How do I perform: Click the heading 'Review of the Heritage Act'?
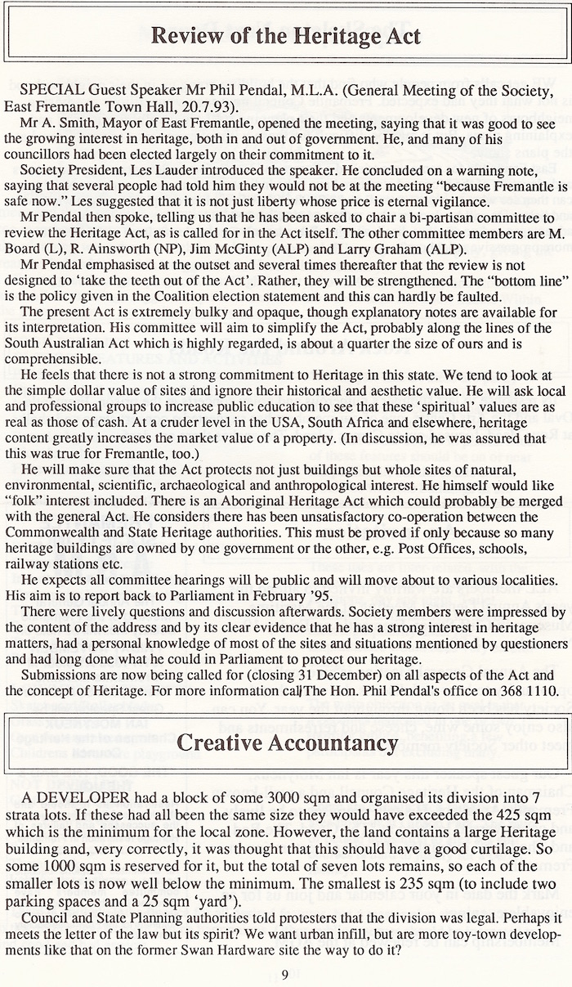click(286, 35)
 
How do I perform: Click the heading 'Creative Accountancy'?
click(286, 742)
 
